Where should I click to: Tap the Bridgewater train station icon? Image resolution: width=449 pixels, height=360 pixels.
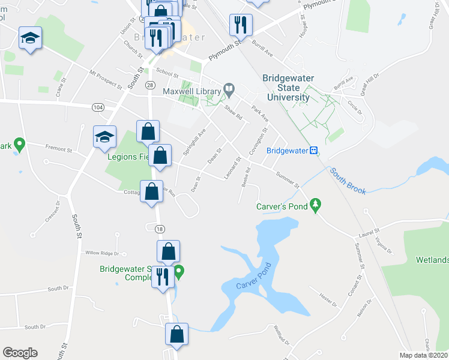(x=313, y=150)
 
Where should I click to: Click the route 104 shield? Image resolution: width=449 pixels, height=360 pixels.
(x=98, y=107)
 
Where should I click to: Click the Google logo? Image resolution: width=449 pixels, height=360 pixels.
(x=20, y=353)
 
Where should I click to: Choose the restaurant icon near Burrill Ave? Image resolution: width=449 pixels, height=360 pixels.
(x=240, y=25)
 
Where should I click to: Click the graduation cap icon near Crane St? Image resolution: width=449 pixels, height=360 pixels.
(x=30, y=38)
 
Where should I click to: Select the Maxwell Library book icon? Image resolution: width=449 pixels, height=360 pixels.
(x=229, y=89)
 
